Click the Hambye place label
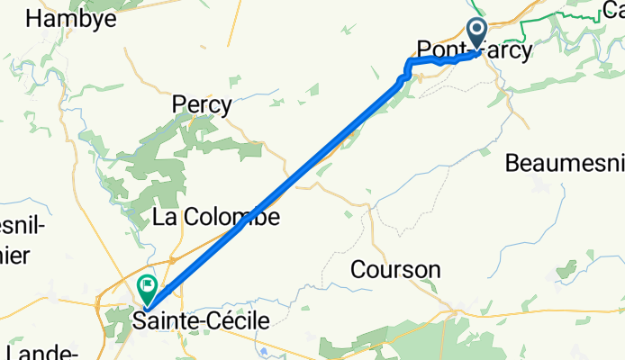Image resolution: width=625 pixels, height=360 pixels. point(73,18)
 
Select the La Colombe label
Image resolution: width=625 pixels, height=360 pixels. point(215,217)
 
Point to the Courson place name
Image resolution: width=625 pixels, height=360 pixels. point(395,269)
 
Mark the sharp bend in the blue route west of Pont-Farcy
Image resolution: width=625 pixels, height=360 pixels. point(409,64)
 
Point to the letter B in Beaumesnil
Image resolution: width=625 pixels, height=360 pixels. point(512,164)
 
